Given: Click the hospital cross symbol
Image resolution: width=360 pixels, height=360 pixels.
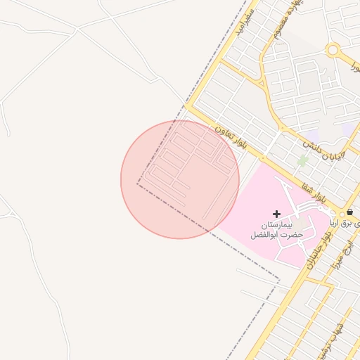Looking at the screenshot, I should pos(277,213).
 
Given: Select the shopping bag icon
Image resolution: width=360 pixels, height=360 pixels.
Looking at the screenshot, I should pos(350,212).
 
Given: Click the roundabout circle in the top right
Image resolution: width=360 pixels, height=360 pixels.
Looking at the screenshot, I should pos(333,50).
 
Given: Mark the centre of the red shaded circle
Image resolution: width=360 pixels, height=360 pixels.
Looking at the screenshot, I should pos(180,179).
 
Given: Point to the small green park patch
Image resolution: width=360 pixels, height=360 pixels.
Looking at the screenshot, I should pos(303,161).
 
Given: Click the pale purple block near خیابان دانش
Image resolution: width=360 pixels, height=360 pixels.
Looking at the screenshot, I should pos(346,131).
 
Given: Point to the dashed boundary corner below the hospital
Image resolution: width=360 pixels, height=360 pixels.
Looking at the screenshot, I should pos(279,281).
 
